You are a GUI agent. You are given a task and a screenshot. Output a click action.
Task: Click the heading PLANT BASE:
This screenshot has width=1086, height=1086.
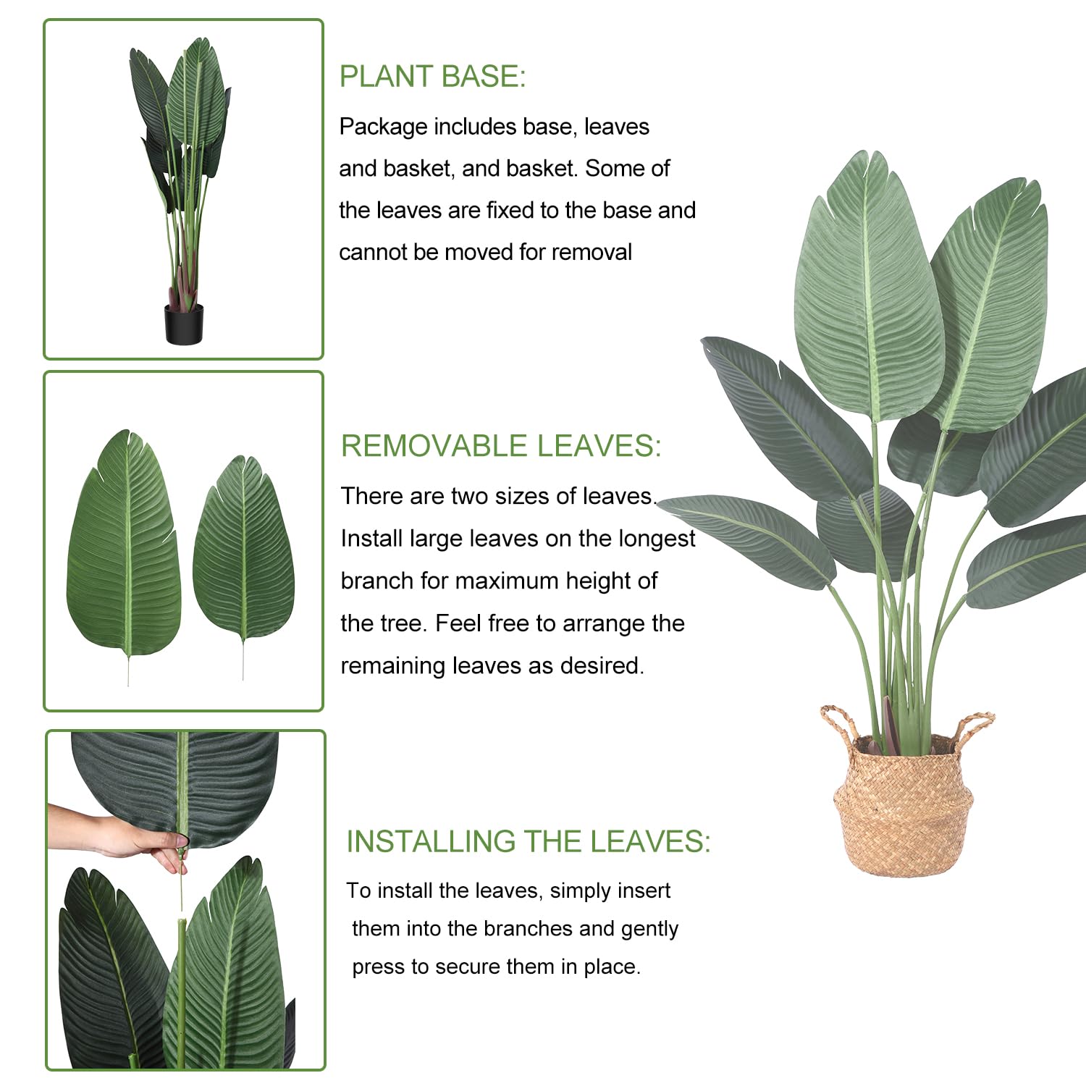coord(432,77)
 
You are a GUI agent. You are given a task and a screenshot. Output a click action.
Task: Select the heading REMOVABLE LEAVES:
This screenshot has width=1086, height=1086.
coord(501,446)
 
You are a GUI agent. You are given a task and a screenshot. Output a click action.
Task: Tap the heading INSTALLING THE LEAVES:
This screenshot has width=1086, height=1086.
coord(529,841)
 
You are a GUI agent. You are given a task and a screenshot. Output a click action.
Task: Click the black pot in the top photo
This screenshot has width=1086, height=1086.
coord(184,324)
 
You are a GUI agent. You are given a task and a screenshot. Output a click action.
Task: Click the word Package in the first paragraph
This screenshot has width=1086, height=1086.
coord(383,127)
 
